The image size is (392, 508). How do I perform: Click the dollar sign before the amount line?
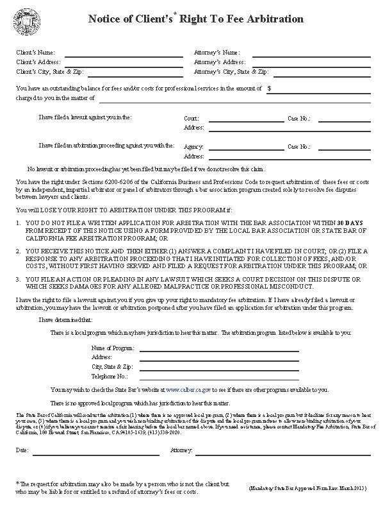(x=270, y=89)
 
